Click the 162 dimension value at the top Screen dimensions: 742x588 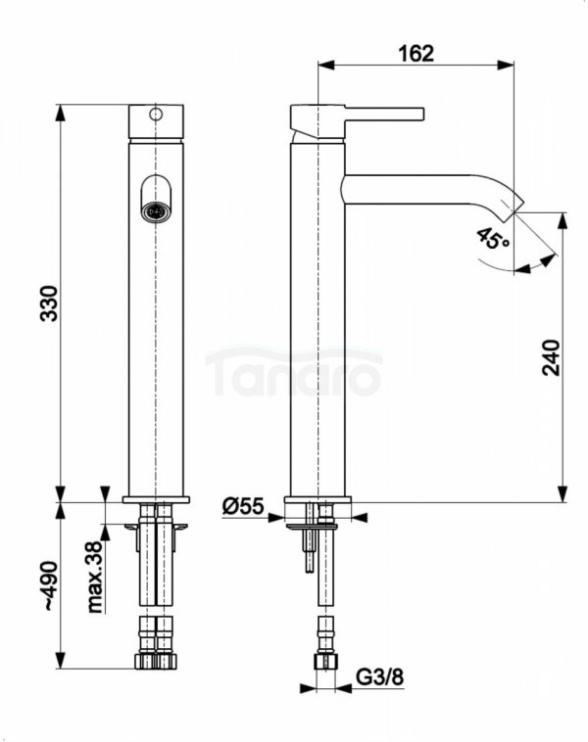[x=416, y=52]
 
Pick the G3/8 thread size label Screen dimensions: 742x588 [x=375, y=676]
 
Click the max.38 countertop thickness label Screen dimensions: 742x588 [x=96, y=578]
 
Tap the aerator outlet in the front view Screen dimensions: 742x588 [x=155, y=209]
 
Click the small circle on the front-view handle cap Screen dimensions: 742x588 [x=155, y=115]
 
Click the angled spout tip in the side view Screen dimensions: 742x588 [x=515, y=203]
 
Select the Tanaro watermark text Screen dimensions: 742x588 [x=294, y=373]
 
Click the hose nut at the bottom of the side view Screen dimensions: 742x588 [x=321, y=663]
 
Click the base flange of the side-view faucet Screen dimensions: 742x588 [x=318, y=506]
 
